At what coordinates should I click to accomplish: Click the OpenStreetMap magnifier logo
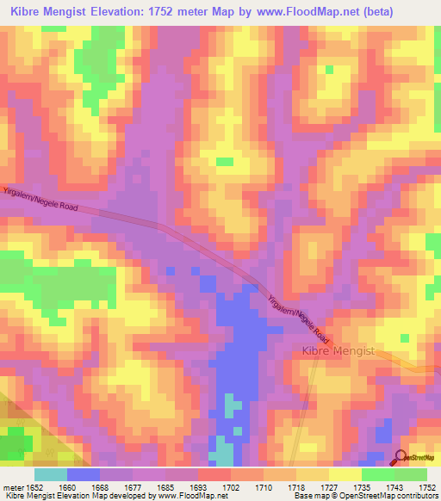coord(401,457)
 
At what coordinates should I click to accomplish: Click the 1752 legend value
coord(427,488)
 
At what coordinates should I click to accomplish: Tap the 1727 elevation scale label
coord(330,488)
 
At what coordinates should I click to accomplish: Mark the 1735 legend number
coord(363,488)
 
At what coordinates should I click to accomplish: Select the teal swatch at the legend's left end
coord(51,474)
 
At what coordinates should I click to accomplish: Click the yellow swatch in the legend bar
coord(345,474)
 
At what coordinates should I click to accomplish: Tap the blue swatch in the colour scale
coord(84,474)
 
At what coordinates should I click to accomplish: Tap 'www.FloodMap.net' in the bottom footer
coord(185,497)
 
